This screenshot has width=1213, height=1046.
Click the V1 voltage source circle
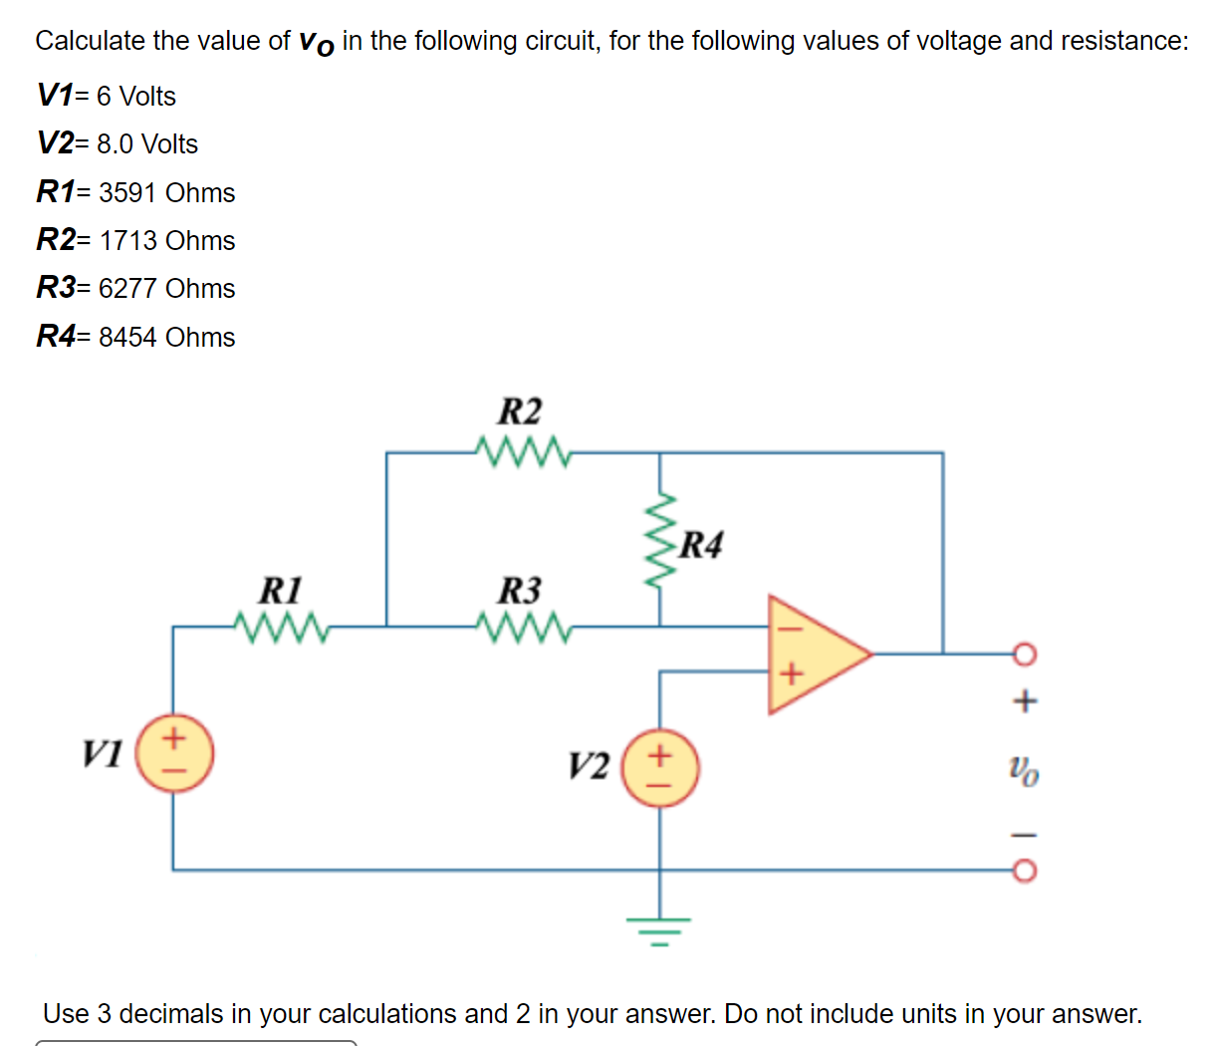173,754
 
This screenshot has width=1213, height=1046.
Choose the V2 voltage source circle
659,768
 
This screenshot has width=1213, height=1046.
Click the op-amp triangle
812,654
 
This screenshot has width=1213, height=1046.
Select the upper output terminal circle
1025,654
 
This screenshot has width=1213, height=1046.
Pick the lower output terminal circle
1025,871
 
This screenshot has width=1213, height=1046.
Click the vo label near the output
1023,769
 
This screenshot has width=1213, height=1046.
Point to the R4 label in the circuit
701,545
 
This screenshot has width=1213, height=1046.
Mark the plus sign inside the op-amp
790,674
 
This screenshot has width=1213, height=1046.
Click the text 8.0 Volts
147,144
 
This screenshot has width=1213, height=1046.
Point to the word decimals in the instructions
171,1014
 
